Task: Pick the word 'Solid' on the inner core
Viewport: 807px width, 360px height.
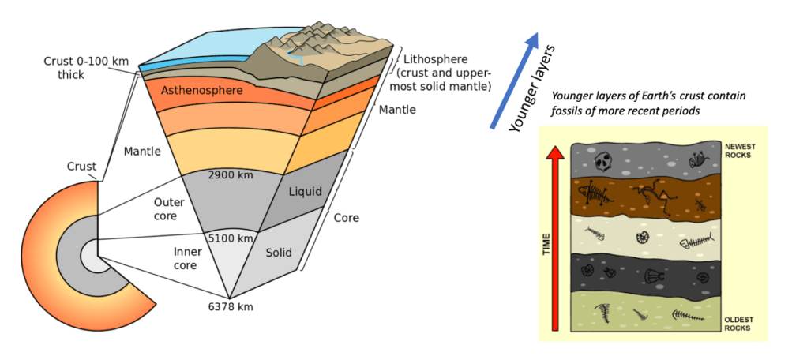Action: click(279, 253)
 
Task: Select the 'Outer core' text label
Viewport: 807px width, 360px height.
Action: click(168, 208)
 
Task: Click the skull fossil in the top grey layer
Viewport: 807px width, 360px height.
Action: click(604, 161)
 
